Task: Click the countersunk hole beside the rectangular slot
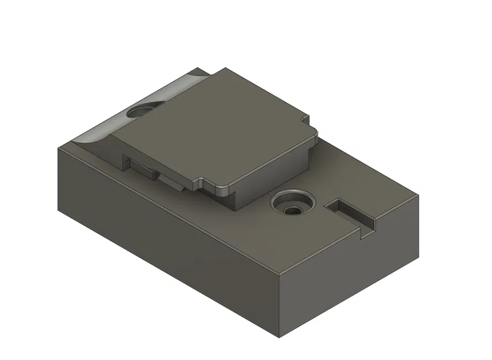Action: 293,204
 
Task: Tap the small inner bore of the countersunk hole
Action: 294,210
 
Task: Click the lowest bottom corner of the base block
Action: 279,336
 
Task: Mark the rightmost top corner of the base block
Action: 419,196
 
